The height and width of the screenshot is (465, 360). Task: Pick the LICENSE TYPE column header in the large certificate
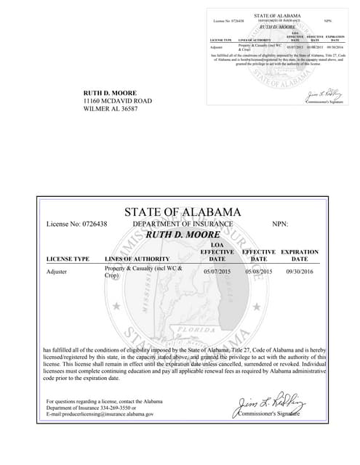click(68, 259)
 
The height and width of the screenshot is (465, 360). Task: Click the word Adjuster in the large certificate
click(57, 272)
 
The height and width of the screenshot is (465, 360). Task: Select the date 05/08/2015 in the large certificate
click(258, 272)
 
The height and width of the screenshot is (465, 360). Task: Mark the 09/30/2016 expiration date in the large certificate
click(299, 272)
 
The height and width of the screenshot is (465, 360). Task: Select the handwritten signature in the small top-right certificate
click(321, 95)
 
